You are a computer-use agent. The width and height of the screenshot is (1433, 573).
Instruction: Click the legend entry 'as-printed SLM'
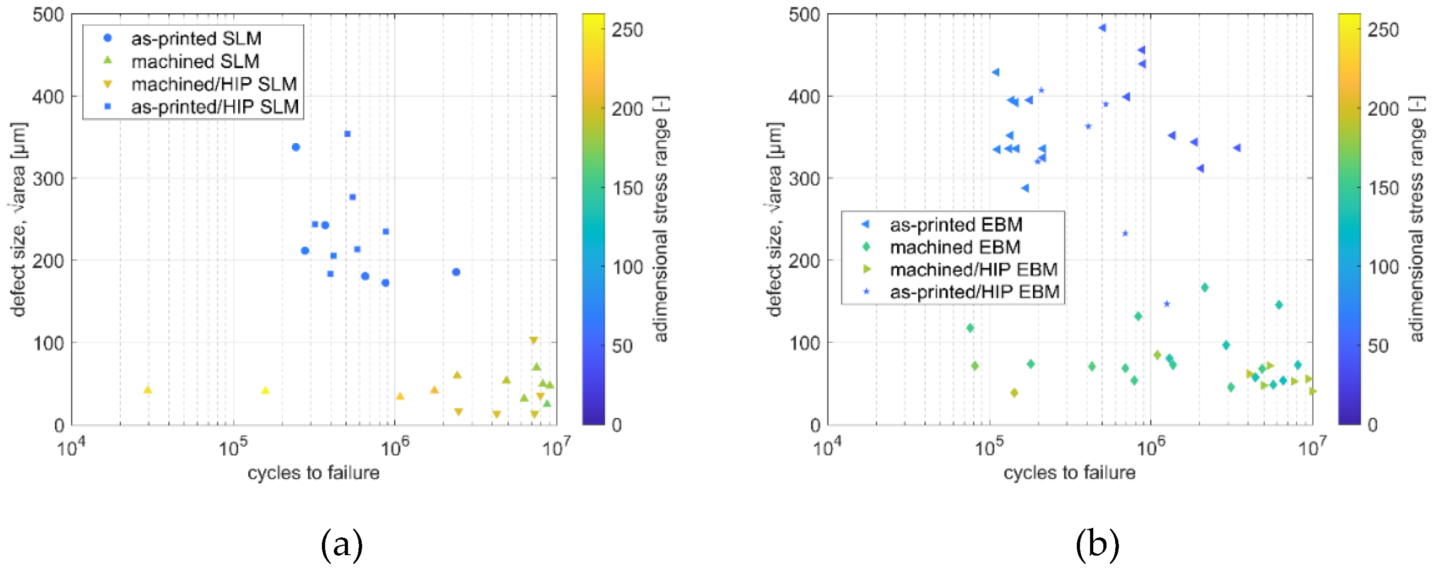tap(196, 38)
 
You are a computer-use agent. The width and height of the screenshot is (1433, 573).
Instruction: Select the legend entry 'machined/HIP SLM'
tap(214, 84)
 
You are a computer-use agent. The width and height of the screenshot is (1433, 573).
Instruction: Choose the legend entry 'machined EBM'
tap(955, 247)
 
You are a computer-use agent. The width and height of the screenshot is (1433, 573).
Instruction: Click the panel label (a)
tap(342, 545)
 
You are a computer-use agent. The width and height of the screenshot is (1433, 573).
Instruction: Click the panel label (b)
tap(1096, 545)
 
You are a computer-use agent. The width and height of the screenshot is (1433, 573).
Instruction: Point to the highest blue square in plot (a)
tap(347, 134)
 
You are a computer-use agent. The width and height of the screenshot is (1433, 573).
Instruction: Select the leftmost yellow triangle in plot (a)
tap(147, 390)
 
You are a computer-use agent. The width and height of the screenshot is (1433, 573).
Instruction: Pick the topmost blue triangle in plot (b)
tap(1102, 28)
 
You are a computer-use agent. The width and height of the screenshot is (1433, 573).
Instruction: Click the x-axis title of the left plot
tap(313, 473)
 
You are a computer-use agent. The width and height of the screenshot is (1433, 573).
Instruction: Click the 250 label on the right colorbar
tap(1383, 30)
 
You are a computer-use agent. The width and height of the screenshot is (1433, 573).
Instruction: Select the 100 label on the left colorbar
tap(627, 268)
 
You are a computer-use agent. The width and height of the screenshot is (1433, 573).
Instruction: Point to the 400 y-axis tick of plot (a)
tap(48, 96)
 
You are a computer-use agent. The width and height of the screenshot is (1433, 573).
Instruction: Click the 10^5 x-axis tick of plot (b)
tap(988, 447)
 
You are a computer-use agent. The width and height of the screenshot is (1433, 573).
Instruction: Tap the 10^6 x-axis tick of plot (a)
tap(393, 447)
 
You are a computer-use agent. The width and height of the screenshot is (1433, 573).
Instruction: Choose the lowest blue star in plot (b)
tap(1166, 304)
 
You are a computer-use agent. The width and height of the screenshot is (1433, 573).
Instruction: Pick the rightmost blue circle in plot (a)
tap(455, 272)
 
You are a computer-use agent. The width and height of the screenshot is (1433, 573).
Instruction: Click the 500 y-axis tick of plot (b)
tap(804, 15)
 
